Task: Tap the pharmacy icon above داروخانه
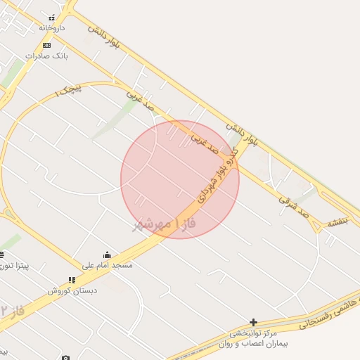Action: (51, 18)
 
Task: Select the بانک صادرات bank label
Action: (46, 55)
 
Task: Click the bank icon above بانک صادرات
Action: (46, 45)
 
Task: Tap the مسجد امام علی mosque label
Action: (107, 265)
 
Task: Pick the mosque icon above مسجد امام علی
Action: (107, 255)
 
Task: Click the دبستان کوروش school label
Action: (72, 290)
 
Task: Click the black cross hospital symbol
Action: (253, 322)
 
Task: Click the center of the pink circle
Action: (180, 179)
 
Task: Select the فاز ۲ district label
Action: (13, 309)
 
